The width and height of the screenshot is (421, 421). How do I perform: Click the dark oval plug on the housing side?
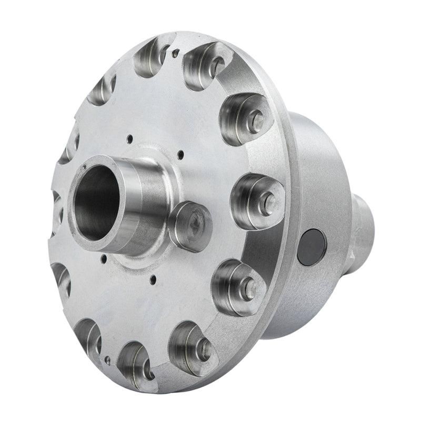point(312,247)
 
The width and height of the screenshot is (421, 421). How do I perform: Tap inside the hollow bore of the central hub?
point(95,203)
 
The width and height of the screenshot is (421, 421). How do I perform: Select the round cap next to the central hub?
point(189,226)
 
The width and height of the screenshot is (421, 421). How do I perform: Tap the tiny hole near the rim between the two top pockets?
point(175,52)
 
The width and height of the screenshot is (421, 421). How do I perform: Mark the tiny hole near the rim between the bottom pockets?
point(108,360)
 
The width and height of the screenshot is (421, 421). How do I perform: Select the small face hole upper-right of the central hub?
point(180,155)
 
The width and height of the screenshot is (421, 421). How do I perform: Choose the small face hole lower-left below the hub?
point(105,258)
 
